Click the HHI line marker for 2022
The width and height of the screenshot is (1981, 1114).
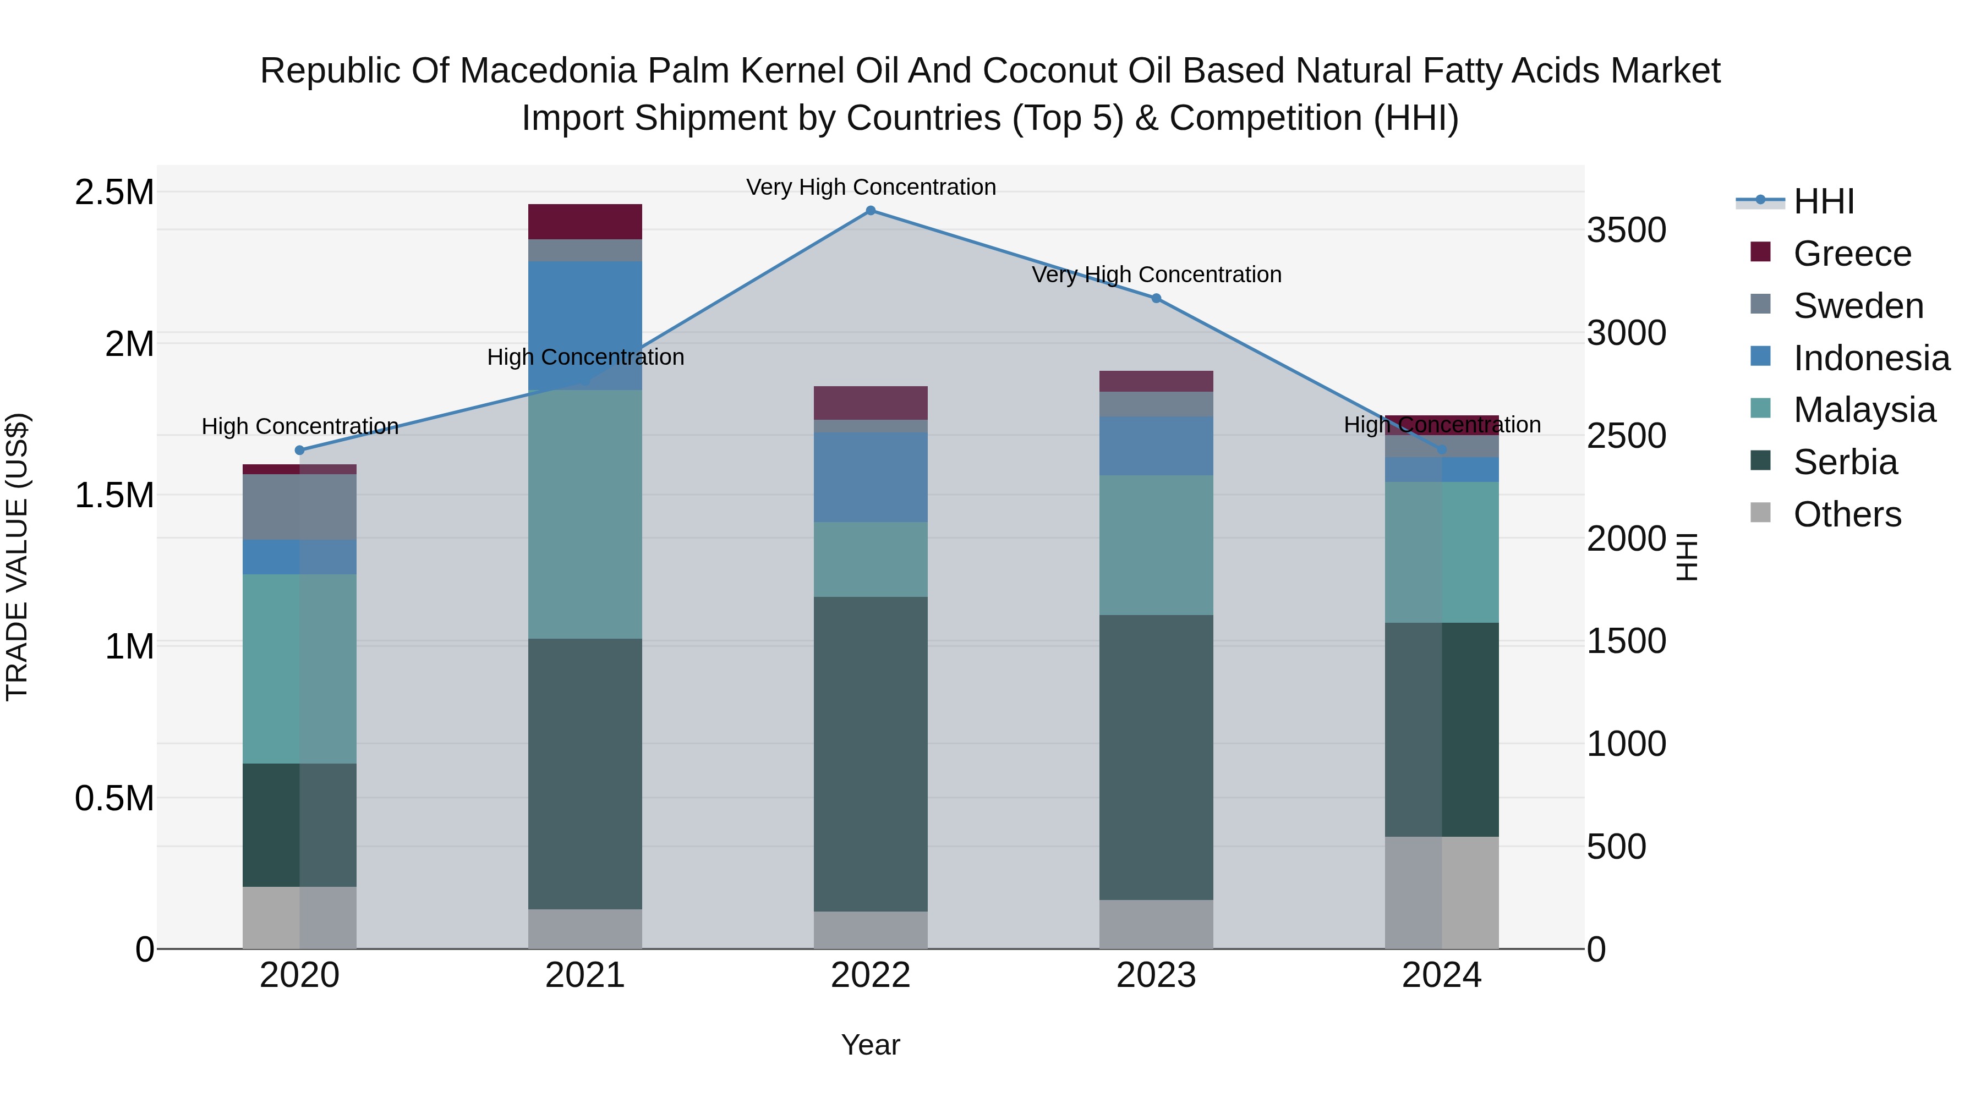(x=871, y=211)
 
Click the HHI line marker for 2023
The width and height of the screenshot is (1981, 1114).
(x=1156, y=298)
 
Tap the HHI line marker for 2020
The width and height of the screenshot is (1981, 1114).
(x=300, y=451)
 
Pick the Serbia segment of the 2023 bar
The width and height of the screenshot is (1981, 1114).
(x=1156, y=758)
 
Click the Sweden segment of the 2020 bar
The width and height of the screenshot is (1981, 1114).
(x=300, y=507)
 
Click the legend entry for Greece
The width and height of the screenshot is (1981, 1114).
(x=1852, y=254)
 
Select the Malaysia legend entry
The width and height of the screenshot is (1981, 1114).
(x=1864, y=410)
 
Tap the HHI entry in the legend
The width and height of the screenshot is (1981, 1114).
(x=1824, y=201)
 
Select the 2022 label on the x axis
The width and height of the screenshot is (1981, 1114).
(x=871, y=975)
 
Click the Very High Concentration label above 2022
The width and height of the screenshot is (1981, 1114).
(x=871, y=187)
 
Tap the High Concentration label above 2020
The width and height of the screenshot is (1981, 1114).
(x=300, y=427)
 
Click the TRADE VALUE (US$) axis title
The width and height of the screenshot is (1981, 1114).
(x=17, y=557)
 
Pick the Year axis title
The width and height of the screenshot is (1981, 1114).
(x=871, y=1045)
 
